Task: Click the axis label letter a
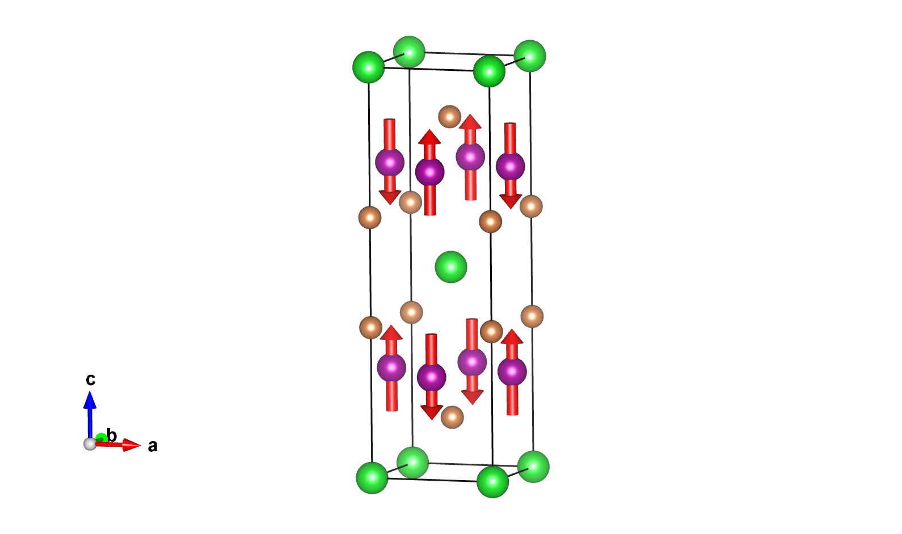(153, 446)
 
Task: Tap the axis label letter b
(112, 435)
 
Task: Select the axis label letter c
(91, 379)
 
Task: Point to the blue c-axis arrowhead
(90, 400)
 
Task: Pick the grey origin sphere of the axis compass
(90, 444)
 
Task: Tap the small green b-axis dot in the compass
(101, 437)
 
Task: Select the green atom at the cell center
(451, 267)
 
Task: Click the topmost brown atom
(450, 117)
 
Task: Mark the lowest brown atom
(452, 417)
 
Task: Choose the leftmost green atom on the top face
(369, 67)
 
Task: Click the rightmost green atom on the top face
(530, 56)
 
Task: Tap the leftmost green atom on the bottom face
(372, 478)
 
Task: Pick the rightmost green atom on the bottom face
(533, 467)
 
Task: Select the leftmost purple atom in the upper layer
(390, 163)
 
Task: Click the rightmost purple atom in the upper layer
(511, 166)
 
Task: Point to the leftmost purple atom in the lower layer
(391, 368)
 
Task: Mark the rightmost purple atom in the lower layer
(512, 371)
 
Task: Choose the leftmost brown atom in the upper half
(370, 218)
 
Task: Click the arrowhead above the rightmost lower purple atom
(512, 337)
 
